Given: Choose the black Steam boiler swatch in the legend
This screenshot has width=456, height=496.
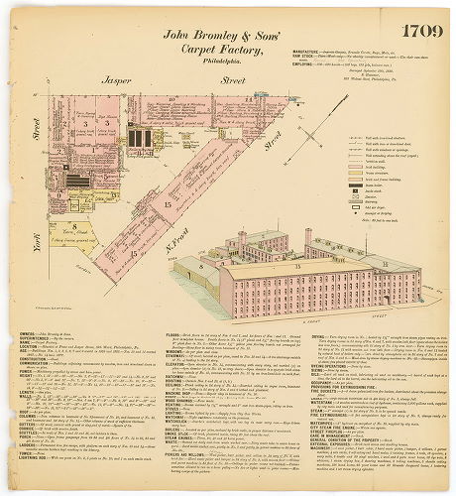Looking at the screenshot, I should coord(340,185).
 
